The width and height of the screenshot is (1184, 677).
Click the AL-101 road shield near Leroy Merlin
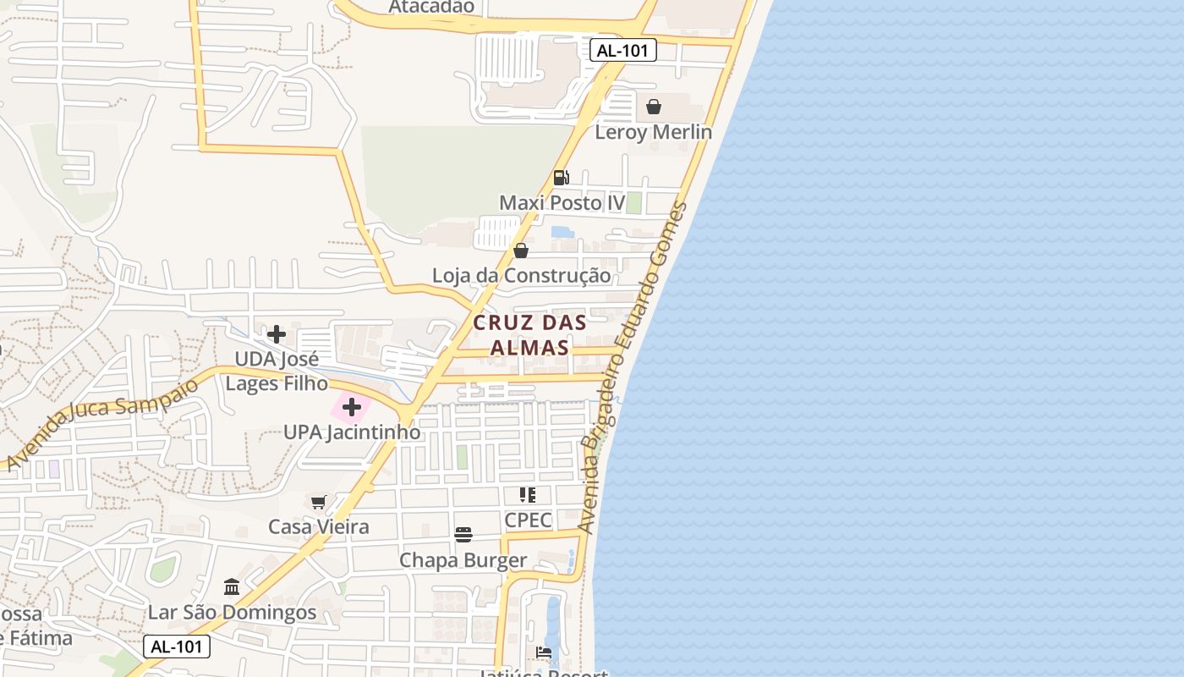pyautogui.click(x=622, y=51)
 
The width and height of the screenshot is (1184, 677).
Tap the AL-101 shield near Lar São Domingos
pyautogui.click(x=176, y=647)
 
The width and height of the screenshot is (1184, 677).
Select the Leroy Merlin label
pyautogui.click(x=653, y=132)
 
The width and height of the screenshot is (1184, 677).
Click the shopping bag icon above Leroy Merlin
pyautogui.click(x=654, y=107)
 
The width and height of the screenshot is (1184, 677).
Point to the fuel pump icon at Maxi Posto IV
pyautogui.click(x=561, y=178)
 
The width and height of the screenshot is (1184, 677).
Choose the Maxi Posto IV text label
pyautogui.click(x=562, y=203)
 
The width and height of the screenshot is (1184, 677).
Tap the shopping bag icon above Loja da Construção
pyautogui.click(x=521, y=250)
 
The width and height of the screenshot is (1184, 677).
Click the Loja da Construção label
pyautogui.click(x=521, y=276)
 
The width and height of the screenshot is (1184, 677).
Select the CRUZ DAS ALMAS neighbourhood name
pyautogui.click(x=529, y=335)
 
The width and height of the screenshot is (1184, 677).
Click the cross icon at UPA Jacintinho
pyautogui.click(x=352, y=408)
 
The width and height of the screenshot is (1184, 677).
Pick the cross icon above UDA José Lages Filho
pyautogui.click(x=276, y=333)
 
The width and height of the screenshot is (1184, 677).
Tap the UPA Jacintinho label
pyautogui.click(x=352, y=432)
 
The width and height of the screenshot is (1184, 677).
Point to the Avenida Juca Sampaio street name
pyautogui.click(x=101, y=424)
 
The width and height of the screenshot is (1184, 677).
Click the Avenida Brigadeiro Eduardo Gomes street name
pyautogui.click(x=633, y=368)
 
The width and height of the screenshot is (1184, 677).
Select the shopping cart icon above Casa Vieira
pyautogui.click(x=319, y=503)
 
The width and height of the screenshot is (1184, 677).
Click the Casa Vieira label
pyautogui.click(x=319, y=527)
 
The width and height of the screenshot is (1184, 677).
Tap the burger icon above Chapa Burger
pyautogui.click(x=463, y=535)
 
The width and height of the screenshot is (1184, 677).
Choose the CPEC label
pyautogui.click(x=528, y=520)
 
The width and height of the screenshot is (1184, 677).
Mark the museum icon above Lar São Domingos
pyautogui.click(x=232, y=586)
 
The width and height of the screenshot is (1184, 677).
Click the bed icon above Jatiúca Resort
pyautogui.click(x=544, y=652)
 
